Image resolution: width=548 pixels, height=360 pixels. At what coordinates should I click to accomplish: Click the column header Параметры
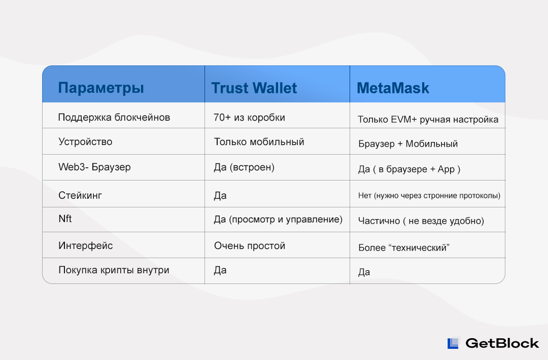[x=101, y=88]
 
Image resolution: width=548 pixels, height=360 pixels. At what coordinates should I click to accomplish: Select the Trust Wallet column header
[x=254, y=88]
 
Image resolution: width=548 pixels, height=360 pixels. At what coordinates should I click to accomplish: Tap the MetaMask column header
[x=393, y=88]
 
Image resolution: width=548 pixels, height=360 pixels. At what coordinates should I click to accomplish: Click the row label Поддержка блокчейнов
[x=114, y=117]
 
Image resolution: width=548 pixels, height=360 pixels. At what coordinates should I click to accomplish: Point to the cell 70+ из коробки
[x=249, y=117]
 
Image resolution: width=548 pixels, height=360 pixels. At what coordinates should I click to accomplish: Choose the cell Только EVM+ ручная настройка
[x=428, y=120]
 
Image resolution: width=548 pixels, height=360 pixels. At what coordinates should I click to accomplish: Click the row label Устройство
[x=85, y=142]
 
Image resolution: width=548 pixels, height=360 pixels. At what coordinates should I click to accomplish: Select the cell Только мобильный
[x=259, y=142]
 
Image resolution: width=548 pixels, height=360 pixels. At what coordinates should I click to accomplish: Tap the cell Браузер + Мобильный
[x=408, y=144]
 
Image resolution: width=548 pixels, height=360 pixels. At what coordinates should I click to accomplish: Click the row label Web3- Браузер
[x=94, y=167]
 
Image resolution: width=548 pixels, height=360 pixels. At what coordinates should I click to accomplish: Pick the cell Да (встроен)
[x=244, y=167]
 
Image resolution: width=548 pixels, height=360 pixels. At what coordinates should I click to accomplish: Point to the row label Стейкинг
[x=80, y=195]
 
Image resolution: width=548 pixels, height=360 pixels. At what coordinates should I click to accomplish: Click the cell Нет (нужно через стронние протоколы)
[x=429, y=196]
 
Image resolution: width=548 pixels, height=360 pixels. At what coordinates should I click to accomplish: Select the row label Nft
[x=65, y=219]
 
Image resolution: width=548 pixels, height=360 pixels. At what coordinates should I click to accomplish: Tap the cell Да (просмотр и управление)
[x=278, y=219]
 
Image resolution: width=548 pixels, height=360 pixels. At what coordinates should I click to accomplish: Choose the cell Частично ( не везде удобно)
[x=421, y=221]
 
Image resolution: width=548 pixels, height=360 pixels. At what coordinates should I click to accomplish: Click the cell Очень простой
[x=250, y=246]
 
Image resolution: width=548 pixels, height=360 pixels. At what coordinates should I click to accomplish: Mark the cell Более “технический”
[x=404, y=247]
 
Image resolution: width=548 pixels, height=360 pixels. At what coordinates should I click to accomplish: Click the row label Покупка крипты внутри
[x=114, y=270]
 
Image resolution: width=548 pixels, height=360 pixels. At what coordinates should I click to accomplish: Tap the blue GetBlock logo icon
[x=453, y=343]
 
